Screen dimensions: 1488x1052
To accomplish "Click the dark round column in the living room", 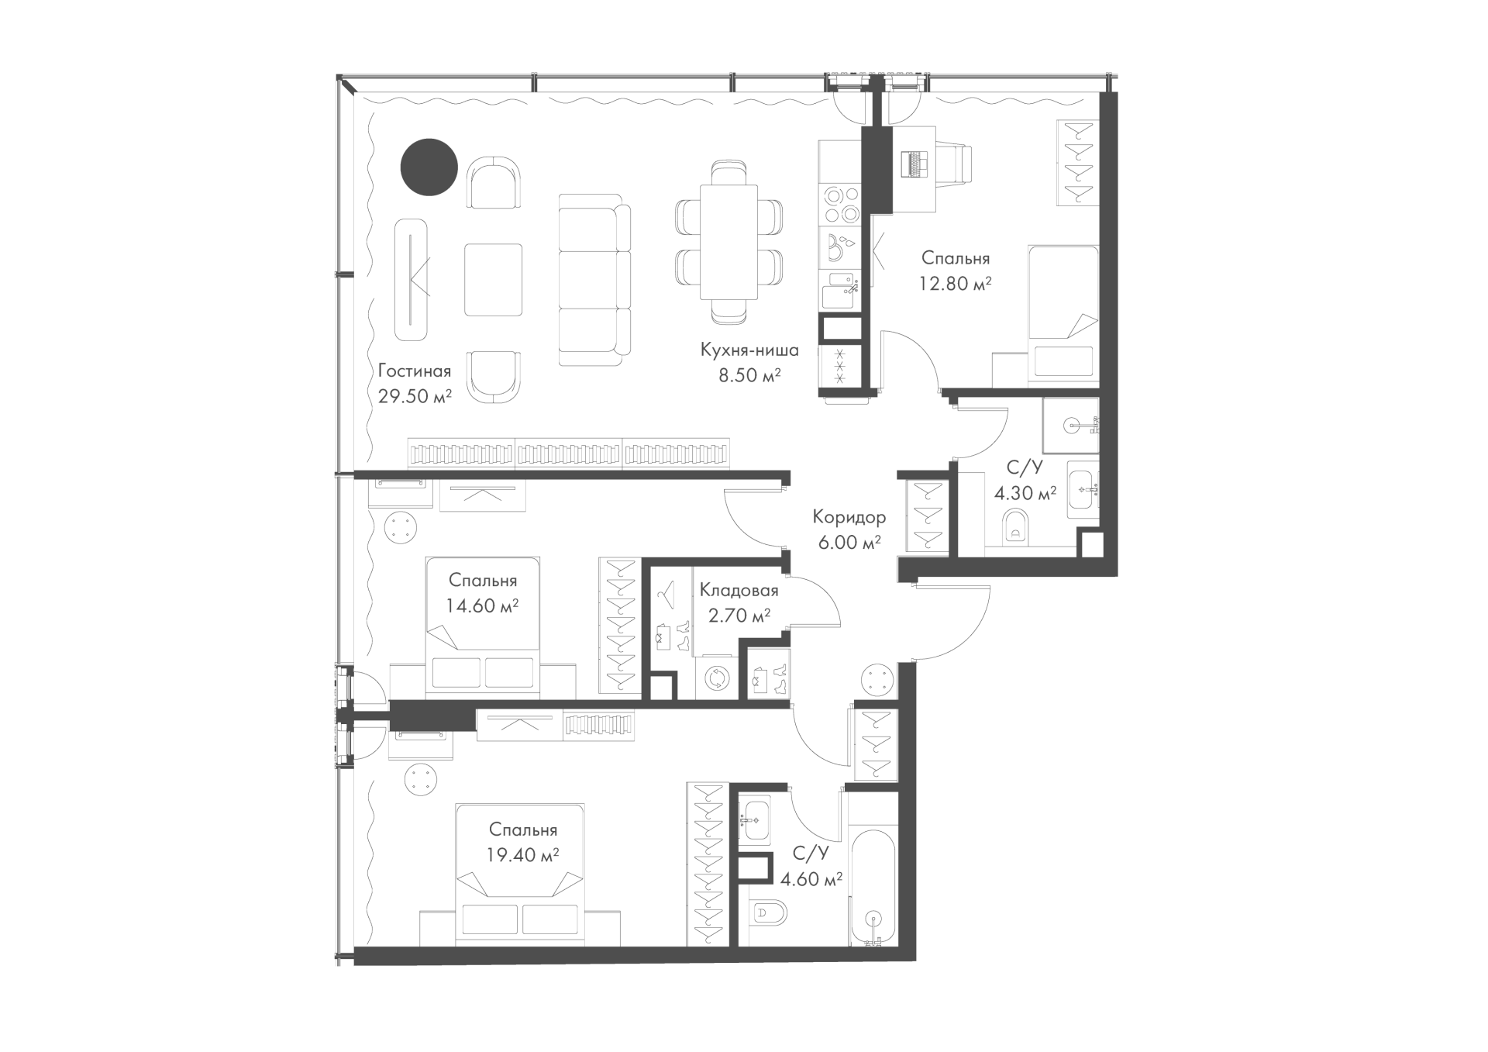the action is [x=429, y=167].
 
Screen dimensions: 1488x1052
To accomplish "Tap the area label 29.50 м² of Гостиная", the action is [x=415, y=396].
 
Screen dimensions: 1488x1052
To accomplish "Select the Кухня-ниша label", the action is [x=749, y=350].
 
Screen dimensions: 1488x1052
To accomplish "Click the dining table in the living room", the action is [x=728, y=242].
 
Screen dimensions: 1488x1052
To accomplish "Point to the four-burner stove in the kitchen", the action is [x=841, y=204].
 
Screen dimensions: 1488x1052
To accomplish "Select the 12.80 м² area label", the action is [x=956, y=284].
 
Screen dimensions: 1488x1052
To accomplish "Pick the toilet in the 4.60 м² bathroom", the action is [x=768, y=913].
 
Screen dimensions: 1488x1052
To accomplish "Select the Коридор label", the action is [x=849, y=517].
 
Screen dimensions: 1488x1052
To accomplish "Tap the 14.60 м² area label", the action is [x=482, y=605].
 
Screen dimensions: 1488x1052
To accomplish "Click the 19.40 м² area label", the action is [x=523, y=855].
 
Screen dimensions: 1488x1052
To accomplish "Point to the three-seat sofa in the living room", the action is [x=594, y=280].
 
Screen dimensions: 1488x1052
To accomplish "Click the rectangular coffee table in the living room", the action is [x=494, y=280].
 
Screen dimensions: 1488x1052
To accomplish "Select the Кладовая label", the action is [x=739, y=591].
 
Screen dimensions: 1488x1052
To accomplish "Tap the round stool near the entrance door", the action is [x=880, y=681].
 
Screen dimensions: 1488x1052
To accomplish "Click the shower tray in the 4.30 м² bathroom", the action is [x=1071, y=426].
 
